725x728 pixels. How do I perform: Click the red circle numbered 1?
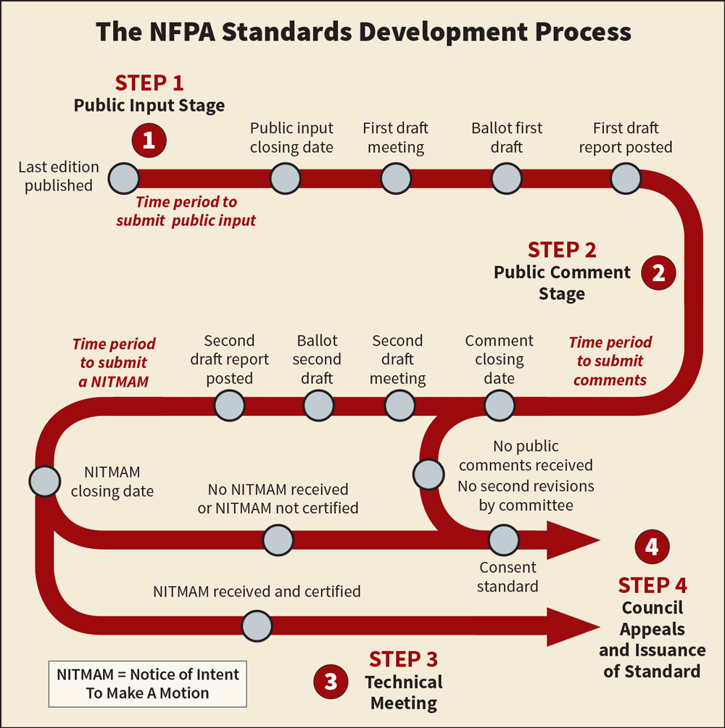[x=149, y=140]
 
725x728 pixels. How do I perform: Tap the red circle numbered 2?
[x=659, y=272]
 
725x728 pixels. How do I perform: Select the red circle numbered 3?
[x=331, y=681]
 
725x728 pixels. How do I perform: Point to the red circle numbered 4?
[x=652, y=547]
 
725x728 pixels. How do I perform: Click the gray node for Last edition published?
[x=124, y=177]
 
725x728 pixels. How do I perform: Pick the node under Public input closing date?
[x=286, y=177]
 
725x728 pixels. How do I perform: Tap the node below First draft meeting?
[x=396, y=177]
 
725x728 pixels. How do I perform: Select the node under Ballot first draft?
[x=507, y=177]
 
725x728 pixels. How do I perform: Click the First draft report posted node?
[x=626, y=177]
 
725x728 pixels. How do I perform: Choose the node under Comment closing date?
[x=500, y=405]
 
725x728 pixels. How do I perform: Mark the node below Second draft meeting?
[x=399, y=405]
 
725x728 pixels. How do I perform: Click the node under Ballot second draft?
[x=318, y=405]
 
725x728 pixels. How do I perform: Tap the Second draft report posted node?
[x=230, y=405]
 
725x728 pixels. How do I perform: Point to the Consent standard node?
[x=503, y=540]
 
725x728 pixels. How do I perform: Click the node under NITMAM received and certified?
[x=257, y=626]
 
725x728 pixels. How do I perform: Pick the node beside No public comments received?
[x=428, y=474]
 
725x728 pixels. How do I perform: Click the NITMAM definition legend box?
[x=148, y=683]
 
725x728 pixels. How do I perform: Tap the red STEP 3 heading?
[x=403, y=659]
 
